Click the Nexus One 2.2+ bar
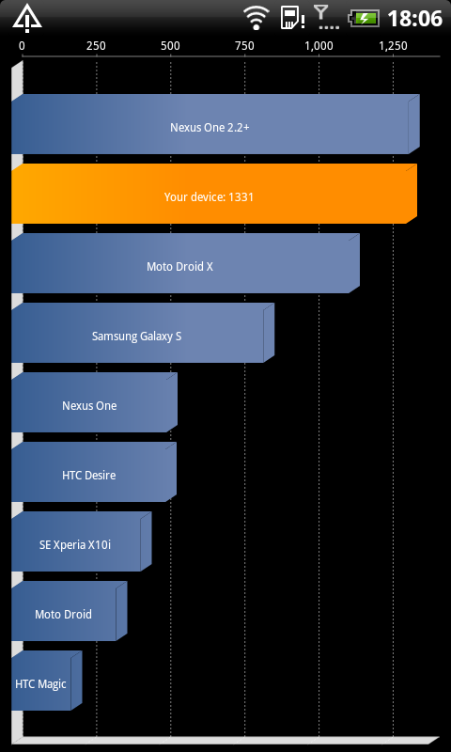point(215,124)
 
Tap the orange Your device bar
point(214,194)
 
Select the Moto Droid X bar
point(185,263)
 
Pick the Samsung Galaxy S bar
point(143,333)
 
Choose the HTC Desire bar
point(94,472)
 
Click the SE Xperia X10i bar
point(82,541)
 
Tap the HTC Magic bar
point(46,681)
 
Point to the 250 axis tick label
point(96,46)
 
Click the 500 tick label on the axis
point(171,46)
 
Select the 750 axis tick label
point(245,46)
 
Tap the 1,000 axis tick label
point(319,46)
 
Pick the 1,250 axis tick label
point(394,46)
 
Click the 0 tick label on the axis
point(22,46)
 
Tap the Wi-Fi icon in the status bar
point(257,18)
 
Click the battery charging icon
point(365,19)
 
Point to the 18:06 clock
point(414,19)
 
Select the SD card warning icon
point(292,18)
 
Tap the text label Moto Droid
point(63,614)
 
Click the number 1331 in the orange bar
point(241,196)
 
